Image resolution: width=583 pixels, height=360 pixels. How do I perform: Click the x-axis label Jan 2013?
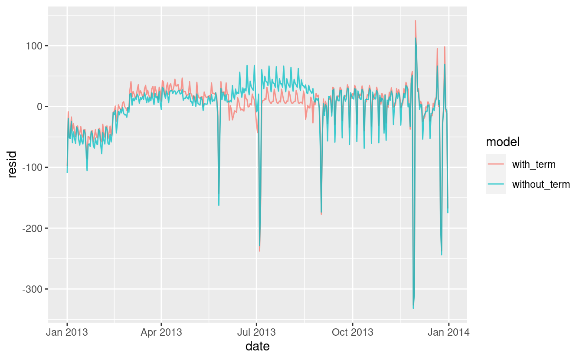click(67, 333)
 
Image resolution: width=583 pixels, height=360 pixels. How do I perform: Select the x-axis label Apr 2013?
click(161, 333)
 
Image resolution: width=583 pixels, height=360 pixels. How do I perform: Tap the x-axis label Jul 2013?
click(256, 333)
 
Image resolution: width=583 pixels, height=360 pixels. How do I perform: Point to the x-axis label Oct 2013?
click(352, 333)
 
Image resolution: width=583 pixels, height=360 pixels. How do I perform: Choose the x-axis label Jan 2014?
click(449, 333)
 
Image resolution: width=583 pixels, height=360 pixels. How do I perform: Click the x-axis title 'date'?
click(257, 347)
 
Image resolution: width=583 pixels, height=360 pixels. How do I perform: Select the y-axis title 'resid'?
click(13, 164)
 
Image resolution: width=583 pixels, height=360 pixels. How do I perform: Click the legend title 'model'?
click(503, 142)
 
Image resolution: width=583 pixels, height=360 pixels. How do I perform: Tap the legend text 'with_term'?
click(534, 164)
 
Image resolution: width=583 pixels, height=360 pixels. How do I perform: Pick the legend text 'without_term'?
click(541, 184)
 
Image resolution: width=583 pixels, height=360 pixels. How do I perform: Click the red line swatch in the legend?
click(496, 164)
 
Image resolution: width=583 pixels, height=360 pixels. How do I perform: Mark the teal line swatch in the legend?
click(496, 184)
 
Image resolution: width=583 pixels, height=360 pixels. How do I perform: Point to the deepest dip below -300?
click(413, 308)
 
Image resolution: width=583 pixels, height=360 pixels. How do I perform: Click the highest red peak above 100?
click(415, 21)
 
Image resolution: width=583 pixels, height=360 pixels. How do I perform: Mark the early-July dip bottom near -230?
click(259, 251)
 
